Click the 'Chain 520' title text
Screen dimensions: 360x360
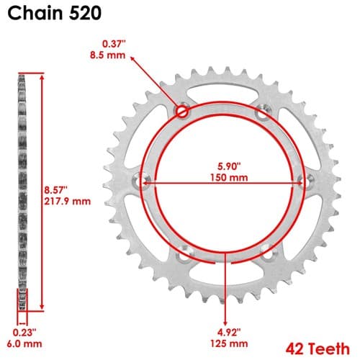[x=54, y=13]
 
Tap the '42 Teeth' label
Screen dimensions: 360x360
[x=318, y=348]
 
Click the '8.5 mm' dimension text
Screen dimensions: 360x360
[x=108, y=55]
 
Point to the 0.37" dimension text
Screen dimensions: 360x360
[x=114, y=44]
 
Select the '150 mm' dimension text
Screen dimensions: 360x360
[x=229, y=178]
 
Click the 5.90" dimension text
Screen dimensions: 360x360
[x=229, y=166]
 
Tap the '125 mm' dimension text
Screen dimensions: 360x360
[x=229, y=343]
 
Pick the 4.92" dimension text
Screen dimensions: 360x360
[x=229, y=333]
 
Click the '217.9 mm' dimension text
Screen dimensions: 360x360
[x=68, y=201]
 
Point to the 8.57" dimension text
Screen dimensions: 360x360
[x=55, y=190]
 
